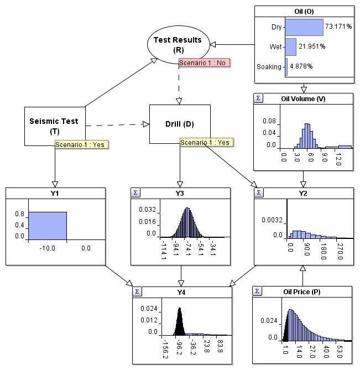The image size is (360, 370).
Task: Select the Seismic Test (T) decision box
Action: [x=54, y=126]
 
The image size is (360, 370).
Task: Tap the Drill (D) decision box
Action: [x=180, y=124]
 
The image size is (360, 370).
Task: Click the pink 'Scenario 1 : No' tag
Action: [x=204, y=62]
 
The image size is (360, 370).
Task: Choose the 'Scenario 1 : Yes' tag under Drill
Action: [x=206, y=142]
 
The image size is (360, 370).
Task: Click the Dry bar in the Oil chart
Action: [x=304, y=27]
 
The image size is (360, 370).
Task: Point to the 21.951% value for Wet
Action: [x=311, y=47]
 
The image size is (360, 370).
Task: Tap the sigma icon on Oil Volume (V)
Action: [x=258, y=98]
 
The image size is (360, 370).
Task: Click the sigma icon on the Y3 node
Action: [x=135, y=192]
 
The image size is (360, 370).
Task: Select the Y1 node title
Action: [x=55, y=193]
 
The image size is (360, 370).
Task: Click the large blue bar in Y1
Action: [x=48, y=226]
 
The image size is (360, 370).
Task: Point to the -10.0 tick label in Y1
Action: [x=47, y=249]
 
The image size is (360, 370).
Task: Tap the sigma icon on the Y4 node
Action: [x=137, y=291]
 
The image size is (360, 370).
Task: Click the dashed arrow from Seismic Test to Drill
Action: [x=117, y=124]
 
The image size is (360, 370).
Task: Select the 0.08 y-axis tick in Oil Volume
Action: [x=269, y=121]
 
